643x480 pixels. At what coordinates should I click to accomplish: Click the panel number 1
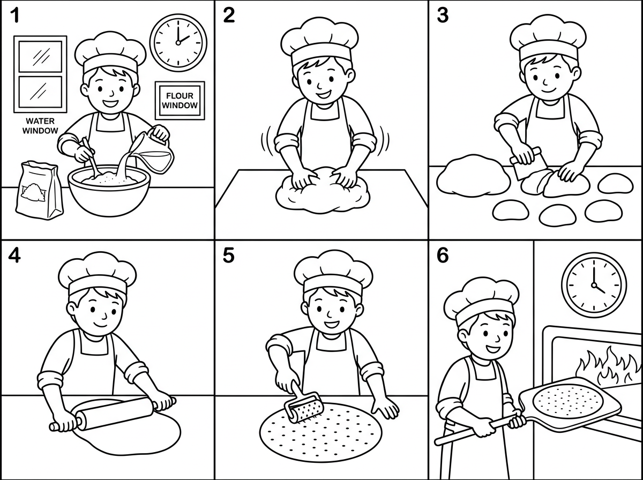14,15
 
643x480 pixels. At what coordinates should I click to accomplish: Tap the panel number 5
228,255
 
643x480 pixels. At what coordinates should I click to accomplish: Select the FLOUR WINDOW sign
180,101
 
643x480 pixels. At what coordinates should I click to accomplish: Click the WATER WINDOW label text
40,126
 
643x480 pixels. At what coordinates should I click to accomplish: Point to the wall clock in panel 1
178,42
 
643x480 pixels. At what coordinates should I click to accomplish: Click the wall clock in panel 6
594,285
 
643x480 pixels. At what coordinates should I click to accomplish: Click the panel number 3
443,15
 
